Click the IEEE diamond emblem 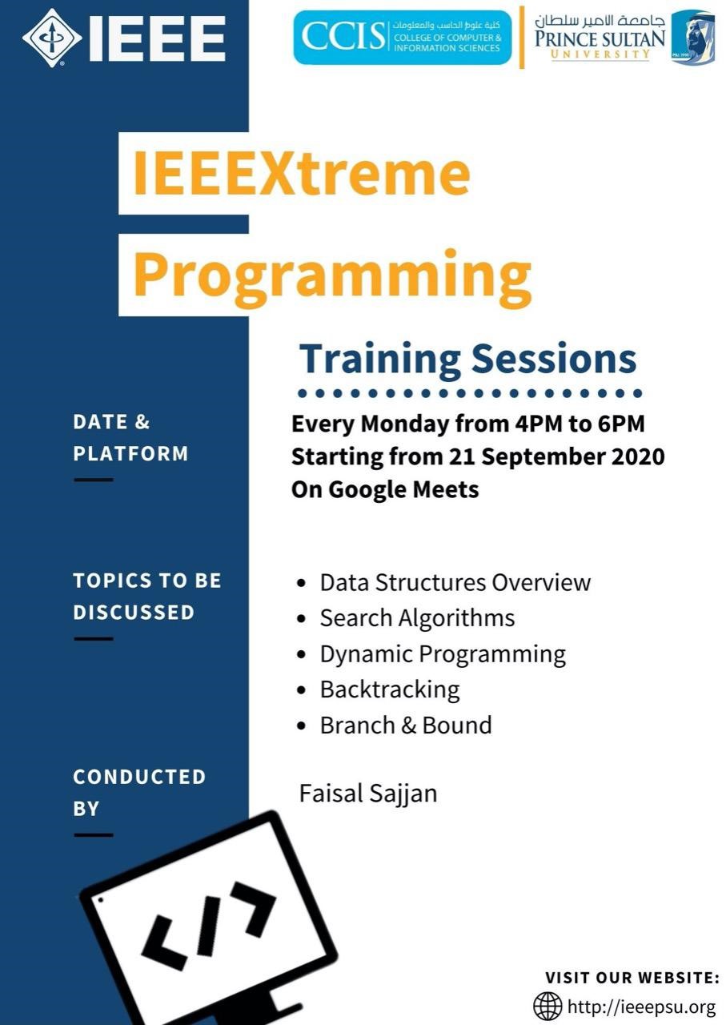click(52, 38)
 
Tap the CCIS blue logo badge click(403, 37)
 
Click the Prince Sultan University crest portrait click(692, 38)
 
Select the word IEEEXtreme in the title click(302, 174)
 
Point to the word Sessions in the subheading click(554, 360)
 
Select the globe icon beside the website click(548, 1007)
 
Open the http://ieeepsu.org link click(641, 1007)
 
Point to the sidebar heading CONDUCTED click(139, 777)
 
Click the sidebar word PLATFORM click(130, 454)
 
